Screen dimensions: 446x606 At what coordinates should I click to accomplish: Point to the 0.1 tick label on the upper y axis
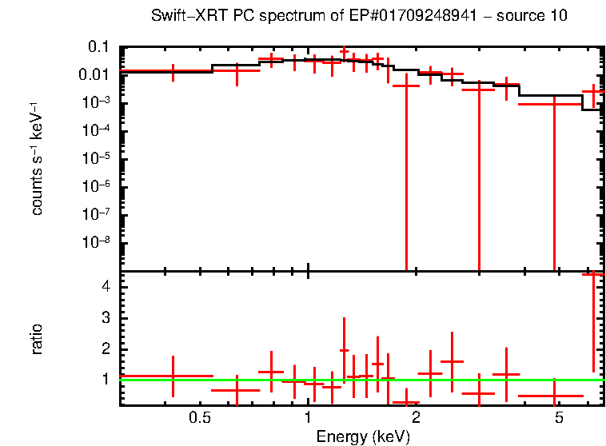[98, 47]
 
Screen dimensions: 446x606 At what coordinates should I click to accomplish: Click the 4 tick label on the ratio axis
[104, 286]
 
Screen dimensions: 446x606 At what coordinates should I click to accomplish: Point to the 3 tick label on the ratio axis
[104, 318]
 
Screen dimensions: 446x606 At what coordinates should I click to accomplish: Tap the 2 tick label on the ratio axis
[104, 349]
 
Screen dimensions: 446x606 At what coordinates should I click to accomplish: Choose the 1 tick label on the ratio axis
[104, 380]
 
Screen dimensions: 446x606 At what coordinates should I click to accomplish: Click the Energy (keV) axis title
[363, 436]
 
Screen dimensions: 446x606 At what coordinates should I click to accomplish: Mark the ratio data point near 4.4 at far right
[592, 274]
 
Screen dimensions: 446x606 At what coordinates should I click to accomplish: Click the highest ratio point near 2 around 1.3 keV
[344, 350]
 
